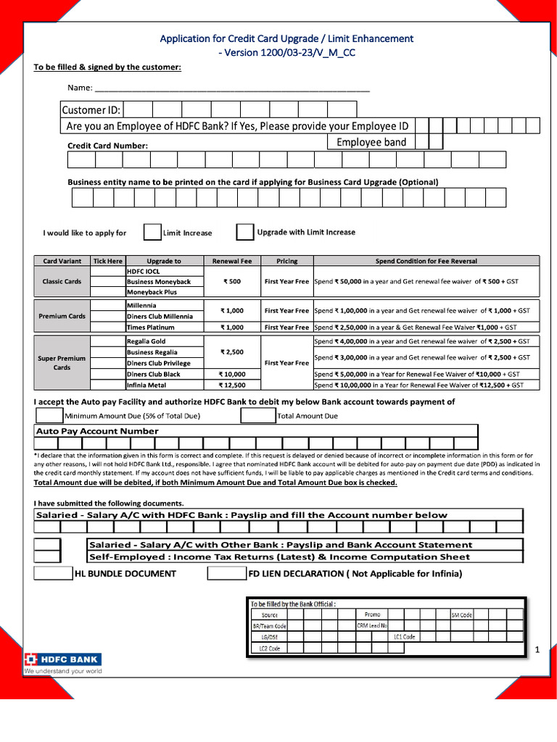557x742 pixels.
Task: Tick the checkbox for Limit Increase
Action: [152, 232]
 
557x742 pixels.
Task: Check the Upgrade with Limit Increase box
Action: [245, 232]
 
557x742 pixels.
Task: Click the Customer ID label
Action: [91, 110]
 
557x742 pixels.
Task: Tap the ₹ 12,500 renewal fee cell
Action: [232, 385]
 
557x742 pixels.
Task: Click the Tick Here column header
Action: [108, 261]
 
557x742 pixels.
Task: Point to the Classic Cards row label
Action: [62, 281]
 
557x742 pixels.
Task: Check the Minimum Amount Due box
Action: [49, 416]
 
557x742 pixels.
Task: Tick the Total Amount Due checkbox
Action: [257, 416]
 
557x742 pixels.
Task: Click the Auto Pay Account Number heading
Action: [97, 431]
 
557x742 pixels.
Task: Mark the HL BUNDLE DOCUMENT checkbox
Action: [54, 573]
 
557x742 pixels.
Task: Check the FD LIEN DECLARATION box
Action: [226, 573]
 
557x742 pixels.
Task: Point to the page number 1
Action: [537, 650]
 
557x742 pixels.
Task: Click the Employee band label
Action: [371, 142]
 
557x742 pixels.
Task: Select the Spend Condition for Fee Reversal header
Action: [426, 261]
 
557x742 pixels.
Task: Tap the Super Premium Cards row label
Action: [62, 363]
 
